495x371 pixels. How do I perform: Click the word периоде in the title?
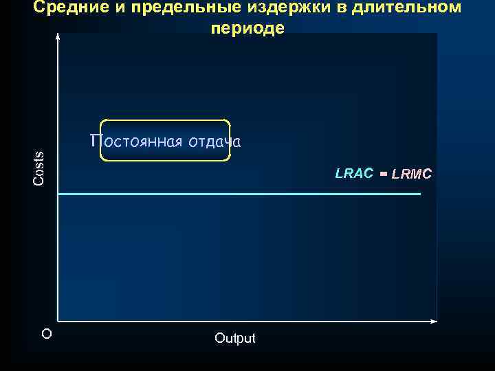pyautogui.click(x=247, y=29)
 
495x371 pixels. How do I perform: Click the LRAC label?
pyautogui.click(x=354, y=173)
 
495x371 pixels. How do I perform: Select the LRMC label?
pyautogui.click(x=412, y=175)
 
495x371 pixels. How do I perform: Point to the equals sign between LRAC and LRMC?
pyautogui.click(x=384, y=174)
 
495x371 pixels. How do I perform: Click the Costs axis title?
pyautogui.click(x=39, y=168)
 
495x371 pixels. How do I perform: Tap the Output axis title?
pyautogui.click(x=234, y=338)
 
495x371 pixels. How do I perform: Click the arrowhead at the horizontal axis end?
pyautogui.click(x=434, y=321)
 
